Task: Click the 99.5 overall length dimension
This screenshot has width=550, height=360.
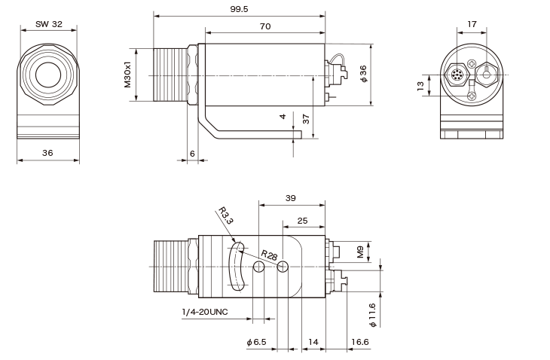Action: pos(239,9)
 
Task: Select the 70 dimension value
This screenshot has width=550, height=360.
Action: pos(265,26)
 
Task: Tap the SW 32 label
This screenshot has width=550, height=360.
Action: pos(49,24)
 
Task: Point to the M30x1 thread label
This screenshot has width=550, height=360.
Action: pos(127,75)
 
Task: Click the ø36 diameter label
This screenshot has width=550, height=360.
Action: pos(363,74)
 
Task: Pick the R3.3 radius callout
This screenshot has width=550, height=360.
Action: pos(226,215)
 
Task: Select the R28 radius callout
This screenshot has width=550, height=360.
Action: pos(269,255)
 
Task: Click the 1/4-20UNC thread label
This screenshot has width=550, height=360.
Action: pos(205,312)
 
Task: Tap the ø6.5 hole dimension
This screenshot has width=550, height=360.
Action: pos(256,342)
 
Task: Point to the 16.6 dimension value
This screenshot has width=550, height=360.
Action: pos(360,342)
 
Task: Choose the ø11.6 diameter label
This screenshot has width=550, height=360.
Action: pos(372,315)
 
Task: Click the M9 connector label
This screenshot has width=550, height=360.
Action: pos(360,252)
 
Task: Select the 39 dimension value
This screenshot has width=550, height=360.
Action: pos(290,198)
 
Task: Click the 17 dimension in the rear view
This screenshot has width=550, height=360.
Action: pos(472,24)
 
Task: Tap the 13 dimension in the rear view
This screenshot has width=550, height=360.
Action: pos(420,86)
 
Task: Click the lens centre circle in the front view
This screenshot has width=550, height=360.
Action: pos(48,75)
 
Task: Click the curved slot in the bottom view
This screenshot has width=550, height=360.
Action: pos(237,267)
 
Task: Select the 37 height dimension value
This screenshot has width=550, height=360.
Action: pos(306,119)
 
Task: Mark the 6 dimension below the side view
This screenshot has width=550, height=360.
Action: pos(192,154)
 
